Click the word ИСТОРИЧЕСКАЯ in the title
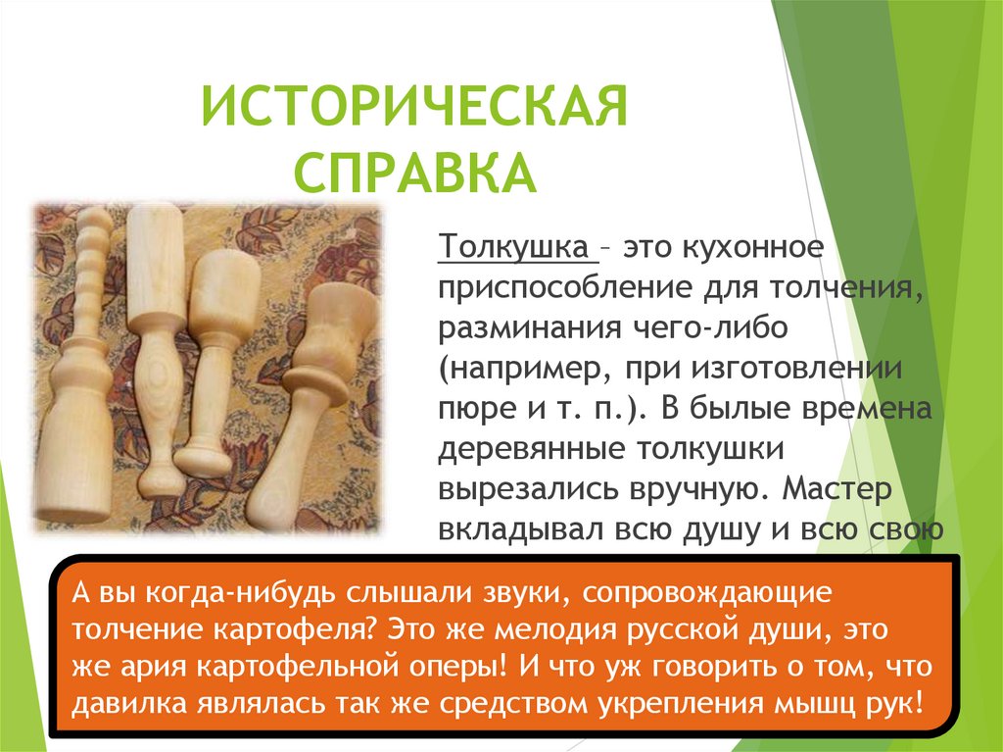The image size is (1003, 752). click(413, 107)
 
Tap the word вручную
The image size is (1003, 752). click(664, 490)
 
